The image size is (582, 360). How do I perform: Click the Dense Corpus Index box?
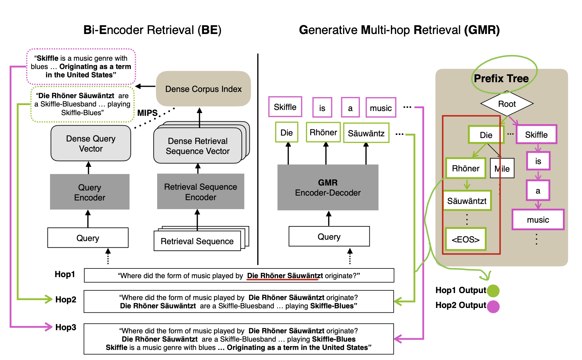pos(203,89)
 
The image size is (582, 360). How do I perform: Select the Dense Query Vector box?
pos(91,143)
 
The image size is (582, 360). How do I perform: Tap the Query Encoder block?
pos(89,192)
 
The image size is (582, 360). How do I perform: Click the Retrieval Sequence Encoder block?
pos(200,192)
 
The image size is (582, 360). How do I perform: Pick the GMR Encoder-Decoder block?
pos(328,188)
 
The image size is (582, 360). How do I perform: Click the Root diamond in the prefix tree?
pos(507,104)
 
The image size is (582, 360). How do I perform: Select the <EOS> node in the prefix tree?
pos(465,239)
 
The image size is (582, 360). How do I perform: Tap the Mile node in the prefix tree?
pos(502,169)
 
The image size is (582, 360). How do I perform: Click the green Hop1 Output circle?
pos(493,291)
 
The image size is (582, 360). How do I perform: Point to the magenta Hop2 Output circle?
pos(493,307)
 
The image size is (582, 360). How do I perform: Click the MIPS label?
pos(147,113)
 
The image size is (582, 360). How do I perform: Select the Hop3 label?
pos(66,327)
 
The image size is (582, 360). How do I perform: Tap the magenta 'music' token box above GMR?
pos(380,108)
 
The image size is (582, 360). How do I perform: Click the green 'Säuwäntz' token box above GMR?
pos(366,133)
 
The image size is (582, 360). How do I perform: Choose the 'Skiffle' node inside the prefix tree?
pos(536,135)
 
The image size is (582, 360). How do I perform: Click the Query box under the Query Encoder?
pos(88,238)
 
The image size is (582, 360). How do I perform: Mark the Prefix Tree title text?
pos(501,78)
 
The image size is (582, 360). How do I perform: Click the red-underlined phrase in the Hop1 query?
pos(282,276)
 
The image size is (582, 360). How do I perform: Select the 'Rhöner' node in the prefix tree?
pos(465,169)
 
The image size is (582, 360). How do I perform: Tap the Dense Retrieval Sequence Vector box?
pos(198,146)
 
